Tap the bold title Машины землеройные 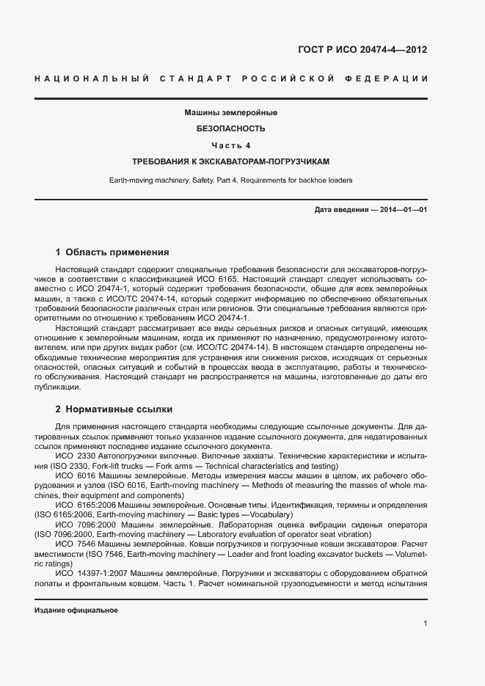230,113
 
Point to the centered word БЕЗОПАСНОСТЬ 230,128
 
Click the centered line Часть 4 230,145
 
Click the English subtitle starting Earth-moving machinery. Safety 230,180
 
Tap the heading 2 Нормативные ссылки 114,409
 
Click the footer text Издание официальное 76,610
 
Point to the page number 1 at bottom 426,623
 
